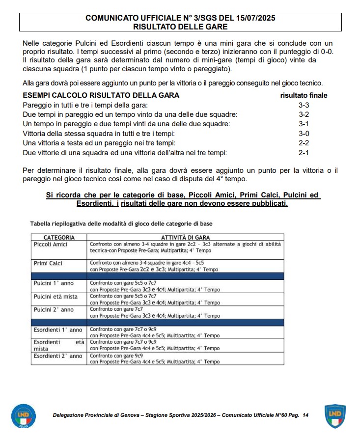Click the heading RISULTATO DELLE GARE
pos(180,27)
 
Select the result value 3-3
pos(304,105)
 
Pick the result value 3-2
pos(304,114)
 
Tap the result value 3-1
pos(304,124)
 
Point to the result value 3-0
pos(304,134)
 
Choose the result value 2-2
pos(304,143)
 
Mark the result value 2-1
pos(304,153)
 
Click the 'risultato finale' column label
pos(304,95)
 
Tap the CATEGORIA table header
pos(59,237)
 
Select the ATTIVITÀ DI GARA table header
pos(185,237)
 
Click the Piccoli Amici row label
pos(51,244)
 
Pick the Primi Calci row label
pos(49,263)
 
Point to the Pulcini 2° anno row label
pos(54,310)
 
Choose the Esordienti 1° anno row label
pos(57,329)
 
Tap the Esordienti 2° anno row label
pos(57,356)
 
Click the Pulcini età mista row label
pos(55,297)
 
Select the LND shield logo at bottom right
pos(335,416)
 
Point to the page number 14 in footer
pos(305,415)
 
